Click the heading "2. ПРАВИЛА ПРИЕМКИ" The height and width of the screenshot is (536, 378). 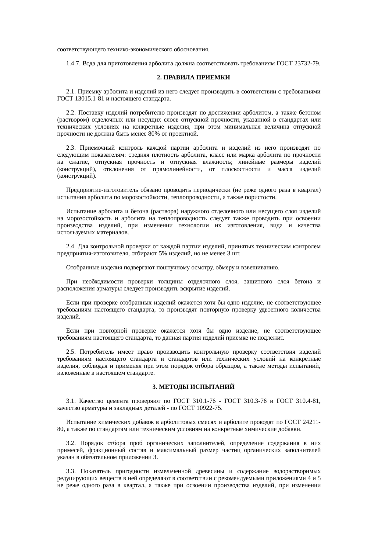pyautogui.click(x=193, y=78)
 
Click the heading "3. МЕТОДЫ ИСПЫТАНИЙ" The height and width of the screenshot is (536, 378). pyautogui.click(x=193, y=387)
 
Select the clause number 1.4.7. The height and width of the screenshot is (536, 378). pyautogui.click(x=73, y=64)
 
